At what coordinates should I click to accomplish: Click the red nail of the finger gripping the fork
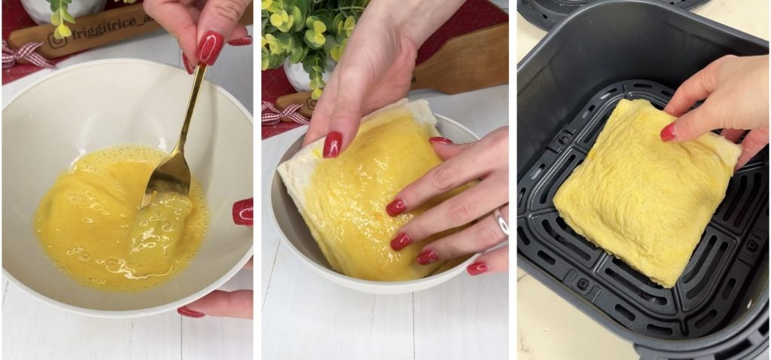pyautogui.click(x=210, y=48)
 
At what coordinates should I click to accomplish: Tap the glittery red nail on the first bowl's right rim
pyautogui.click(x=242, y=212)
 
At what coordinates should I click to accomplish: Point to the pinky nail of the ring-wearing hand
pyautogui.click(x=477, y=267)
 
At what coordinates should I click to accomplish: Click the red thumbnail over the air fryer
pyautogui.click(x=668, y=133)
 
